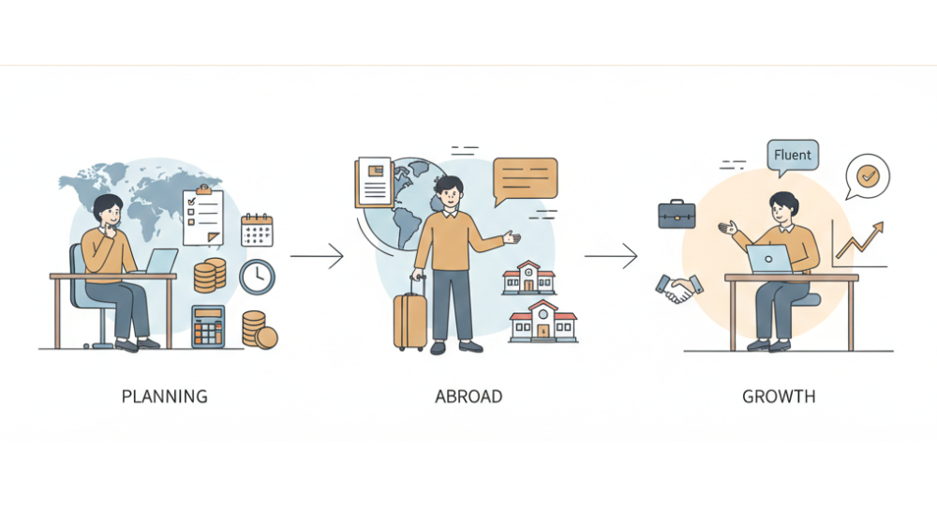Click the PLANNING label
point(165,396)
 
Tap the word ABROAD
point(468,396)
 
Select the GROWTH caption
point(779,396)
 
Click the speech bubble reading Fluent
point(793,157)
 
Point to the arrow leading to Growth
point(611,255)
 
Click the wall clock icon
point(257,277)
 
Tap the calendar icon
point(257,230)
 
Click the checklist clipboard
point(203,215)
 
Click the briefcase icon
point(677,215)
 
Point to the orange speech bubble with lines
point(525,178)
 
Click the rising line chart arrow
point(860,242)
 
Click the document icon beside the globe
point(373,181)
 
